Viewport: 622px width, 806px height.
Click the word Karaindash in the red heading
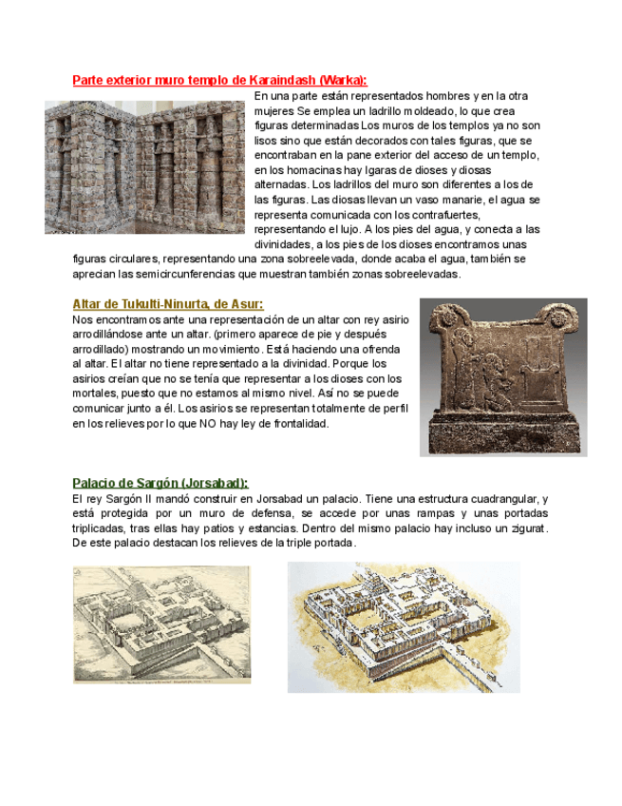[x=283, y=80]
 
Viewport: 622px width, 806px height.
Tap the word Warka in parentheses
[x=342, y=80]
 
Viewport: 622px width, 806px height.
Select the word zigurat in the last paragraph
[x=520, y=528]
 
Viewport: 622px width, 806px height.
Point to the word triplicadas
[x=103, y=528]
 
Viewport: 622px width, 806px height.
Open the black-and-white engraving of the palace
[x=161, y=624]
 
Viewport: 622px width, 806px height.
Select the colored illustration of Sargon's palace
[x=404, y=626]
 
